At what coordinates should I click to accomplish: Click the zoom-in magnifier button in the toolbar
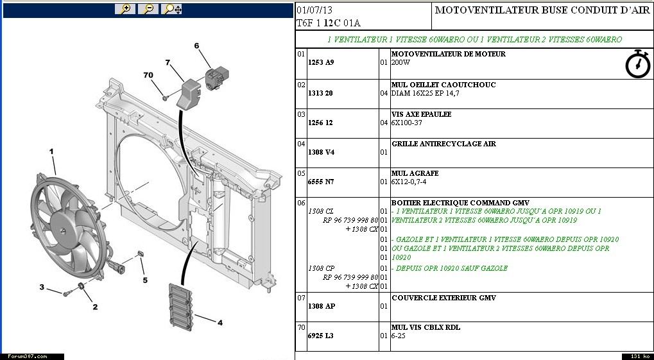tap(125, 9)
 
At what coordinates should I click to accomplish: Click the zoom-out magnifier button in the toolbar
tap(148, 9)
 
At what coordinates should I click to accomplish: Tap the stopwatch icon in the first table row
tap(637, 64)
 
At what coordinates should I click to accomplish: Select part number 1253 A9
tap(321, 63)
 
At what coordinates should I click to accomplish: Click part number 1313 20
tap(321, 93)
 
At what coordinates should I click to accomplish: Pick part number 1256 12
tap(321, 123)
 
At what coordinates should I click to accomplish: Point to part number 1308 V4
tap(322, 152)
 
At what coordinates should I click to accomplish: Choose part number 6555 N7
tap(321, 182)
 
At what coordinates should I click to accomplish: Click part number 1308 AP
tap(322, 306)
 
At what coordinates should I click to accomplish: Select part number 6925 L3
tap(321, 336)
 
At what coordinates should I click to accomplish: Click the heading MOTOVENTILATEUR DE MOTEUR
tap(448, 54)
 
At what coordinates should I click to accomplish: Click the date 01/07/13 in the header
tap(314, 10)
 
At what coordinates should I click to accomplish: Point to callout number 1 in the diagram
tap(52, 151)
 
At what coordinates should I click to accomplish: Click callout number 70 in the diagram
tap(148, 75)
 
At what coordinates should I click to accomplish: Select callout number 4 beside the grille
tap(219, 323)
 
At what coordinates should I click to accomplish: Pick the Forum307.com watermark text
tap(27, 356)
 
